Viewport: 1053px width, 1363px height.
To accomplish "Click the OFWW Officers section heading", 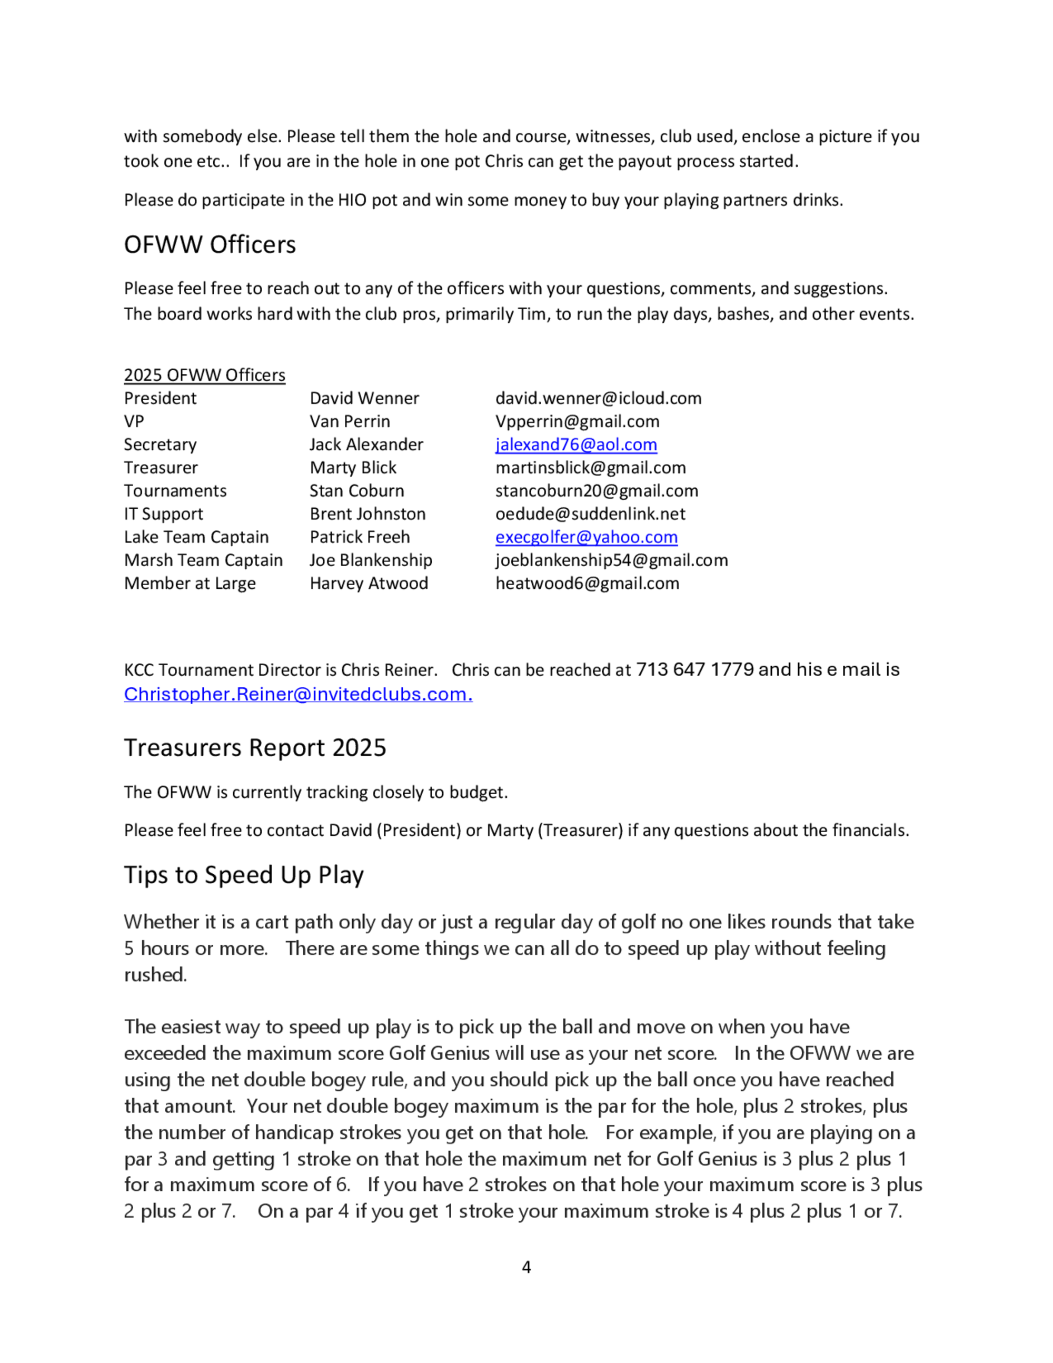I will [x=210, y=245].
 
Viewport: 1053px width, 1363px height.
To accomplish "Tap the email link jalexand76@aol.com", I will [x=576, y=445].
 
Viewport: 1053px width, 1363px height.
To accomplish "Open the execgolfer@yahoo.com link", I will [x=586, y=537].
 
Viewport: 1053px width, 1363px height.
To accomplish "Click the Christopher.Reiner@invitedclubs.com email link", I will [x=297, y=694].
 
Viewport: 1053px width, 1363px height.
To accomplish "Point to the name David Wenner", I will [x=364, y=398].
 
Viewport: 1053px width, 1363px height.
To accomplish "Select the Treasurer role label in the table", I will [x=161, y=468].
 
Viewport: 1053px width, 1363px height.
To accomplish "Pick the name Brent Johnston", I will [x=367, y=513].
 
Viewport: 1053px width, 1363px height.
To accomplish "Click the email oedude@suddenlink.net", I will [x=590, y=513].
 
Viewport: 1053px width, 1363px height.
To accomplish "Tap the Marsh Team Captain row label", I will [x=203, y=560].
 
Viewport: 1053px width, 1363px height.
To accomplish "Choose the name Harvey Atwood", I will [x=369, y=583].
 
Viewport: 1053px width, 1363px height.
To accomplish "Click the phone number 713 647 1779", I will [x=694, y=669].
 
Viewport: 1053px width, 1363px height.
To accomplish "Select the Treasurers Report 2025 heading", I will [x=254, y=748].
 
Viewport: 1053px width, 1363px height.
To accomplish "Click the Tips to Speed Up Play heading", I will [x=243, y=875].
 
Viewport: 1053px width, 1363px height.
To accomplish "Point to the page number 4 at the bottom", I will [x=526, y=1268].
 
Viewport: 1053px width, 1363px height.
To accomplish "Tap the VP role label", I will [x=134, y=421].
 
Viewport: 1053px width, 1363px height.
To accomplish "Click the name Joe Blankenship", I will [x=371, y=560].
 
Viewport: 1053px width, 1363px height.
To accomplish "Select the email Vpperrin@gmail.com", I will [x=577, y=421].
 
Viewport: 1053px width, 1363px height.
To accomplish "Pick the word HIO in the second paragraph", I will [x=352, y=200].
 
